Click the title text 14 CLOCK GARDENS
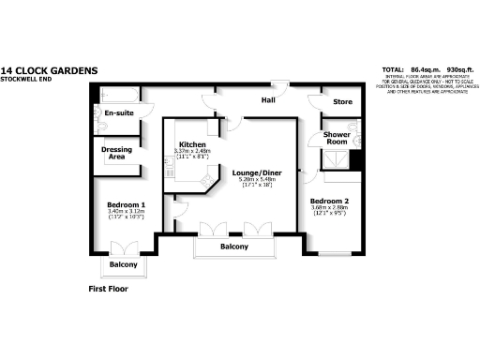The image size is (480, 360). [x=49, y=69]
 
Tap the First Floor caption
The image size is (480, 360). [x=101, y=289]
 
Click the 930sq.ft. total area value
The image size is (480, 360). [x=459, y=70]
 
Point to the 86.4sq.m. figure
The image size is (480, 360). [x=427, y=70]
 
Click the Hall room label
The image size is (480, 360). [x=268, y=99]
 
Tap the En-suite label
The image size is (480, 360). [x=119, y=112]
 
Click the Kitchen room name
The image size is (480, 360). [x=192, y=144]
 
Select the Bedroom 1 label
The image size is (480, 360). [x=126, y=204]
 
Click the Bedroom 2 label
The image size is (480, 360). [x=330, y=202]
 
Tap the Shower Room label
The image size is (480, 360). [x=337, y=138]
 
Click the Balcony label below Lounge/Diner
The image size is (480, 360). [x=234, y=247]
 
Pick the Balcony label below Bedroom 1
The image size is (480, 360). [x=123, y=265]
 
